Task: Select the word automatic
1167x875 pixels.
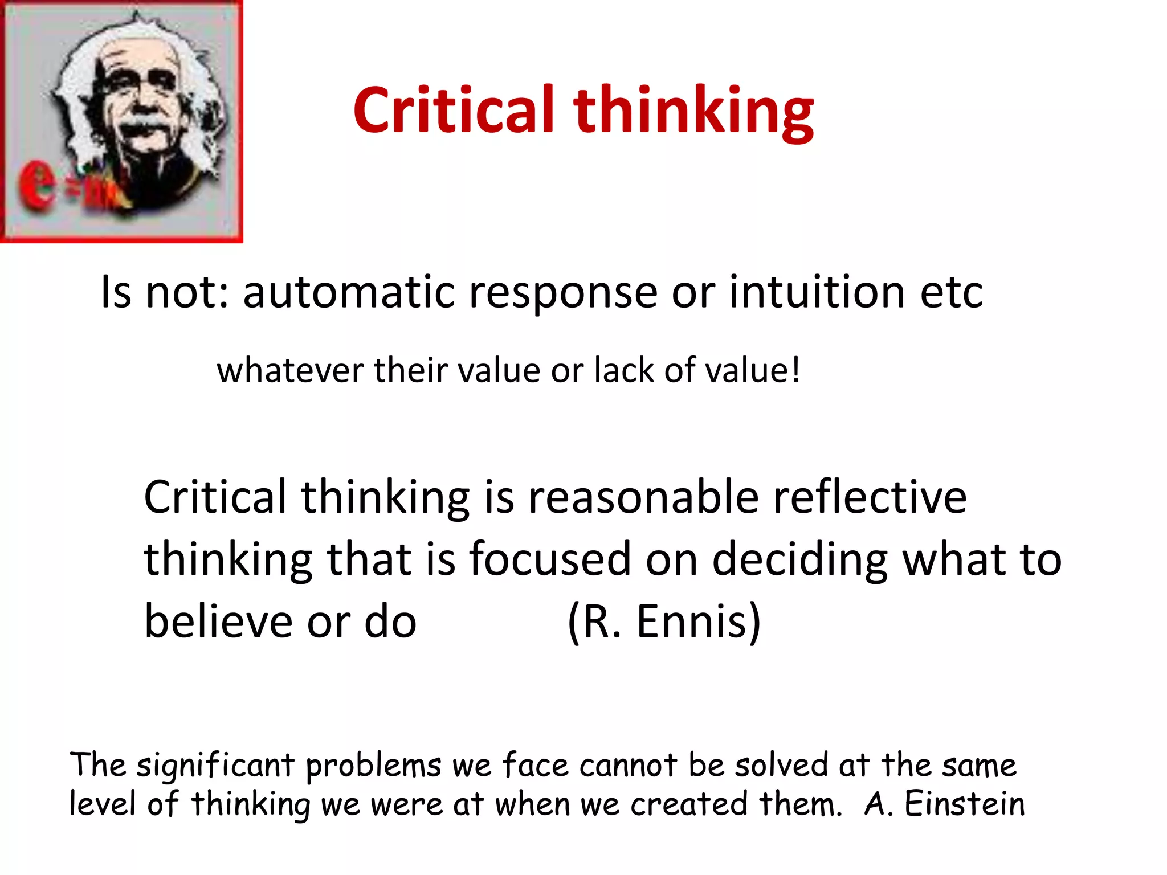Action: coord(349,292)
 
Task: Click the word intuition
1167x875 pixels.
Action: coord(817,292)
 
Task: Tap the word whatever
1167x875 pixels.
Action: coord(290,370)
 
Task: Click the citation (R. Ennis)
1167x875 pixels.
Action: coord(664,622)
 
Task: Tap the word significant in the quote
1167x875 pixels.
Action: coord(215,766)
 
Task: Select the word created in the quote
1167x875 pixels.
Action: coord(689,804)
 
